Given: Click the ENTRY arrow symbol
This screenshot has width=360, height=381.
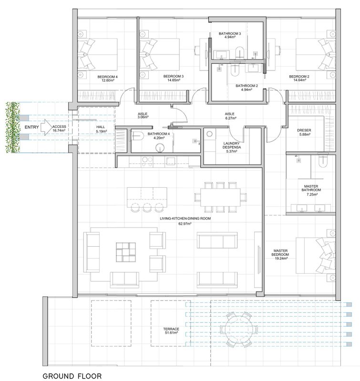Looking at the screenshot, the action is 46,127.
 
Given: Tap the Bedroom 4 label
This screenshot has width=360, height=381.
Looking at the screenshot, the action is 107,79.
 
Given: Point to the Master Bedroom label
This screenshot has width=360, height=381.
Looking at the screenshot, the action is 280,254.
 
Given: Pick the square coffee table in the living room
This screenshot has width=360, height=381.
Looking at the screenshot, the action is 126,252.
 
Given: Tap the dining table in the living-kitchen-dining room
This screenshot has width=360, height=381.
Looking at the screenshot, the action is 221,197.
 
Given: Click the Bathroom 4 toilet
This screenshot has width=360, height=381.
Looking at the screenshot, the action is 137,136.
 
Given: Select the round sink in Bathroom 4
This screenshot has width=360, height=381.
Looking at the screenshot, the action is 160,148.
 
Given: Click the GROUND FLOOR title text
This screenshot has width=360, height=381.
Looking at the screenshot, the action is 72,376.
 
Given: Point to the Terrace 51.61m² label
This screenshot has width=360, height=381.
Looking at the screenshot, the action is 171,331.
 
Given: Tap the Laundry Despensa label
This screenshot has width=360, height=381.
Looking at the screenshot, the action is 232,147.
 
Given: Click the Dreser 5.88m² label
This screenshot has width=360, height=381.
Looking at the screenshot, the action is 304,132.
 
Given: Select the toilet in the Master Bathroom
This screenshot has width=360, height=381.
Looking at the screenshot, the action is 323,161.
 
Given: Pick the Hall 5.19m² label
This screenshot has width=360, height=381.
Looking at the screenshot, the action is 101,129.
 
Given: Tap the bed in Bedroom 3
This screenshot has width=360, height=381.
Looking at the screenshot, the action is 160,54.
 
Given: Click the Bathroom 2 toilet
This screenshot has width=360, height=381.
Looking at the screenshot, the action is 235,70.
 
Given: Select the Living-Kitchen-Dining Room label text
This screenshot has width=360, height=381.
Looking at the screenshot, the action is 185,219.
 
